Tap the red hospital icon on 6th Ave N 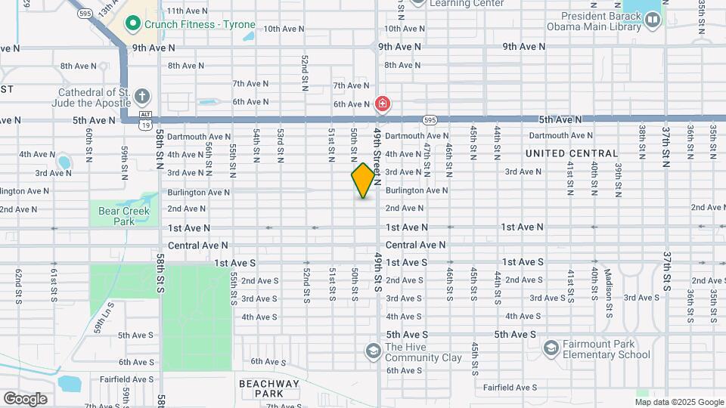click(x=383, y=104)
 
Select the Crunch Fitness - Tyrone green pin click(x=134, y=23)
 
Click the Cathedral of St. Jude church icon click(x=142, y=97)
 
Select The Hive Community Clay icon click(x=373, y=351)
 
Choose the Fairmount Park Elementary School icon click(x=551, y=348)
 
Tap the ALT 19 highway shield click(x=145, y=119)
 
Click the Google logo click(x=25, y=398)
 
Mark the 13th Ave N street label click(x=109, y=8)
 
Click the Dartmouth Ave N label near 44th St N click(x=560, y=136)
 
